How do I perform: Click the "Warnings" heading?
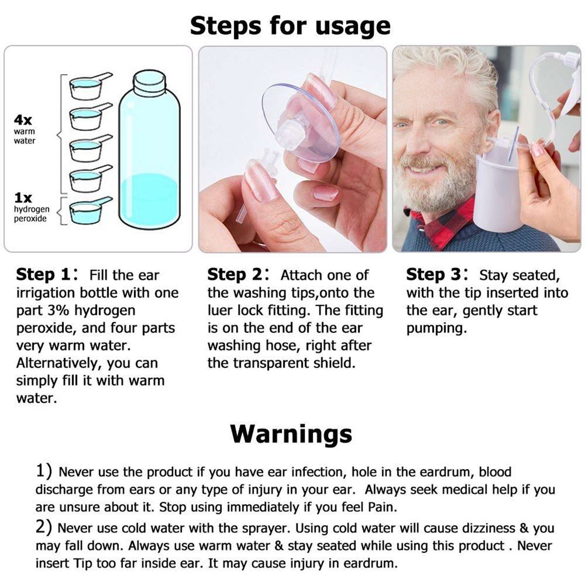(x=291, y=433)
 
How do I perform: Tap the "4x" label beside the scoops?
(x=23, y=120)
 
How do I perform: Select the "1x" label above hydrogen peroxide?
(x=23, y=198)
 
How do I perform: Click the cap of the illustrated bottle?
(x=149, y=81)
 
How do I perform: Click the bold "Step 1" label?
(x=43, y=274)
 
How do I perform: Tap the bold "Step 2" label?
(x=234, y=274)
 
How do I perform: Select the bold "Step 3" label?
(x=433, y=274)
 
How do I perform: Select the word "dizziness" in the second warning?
(x=469, y=528)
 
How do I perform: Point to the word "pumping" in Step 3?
(x=436, y=329)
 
